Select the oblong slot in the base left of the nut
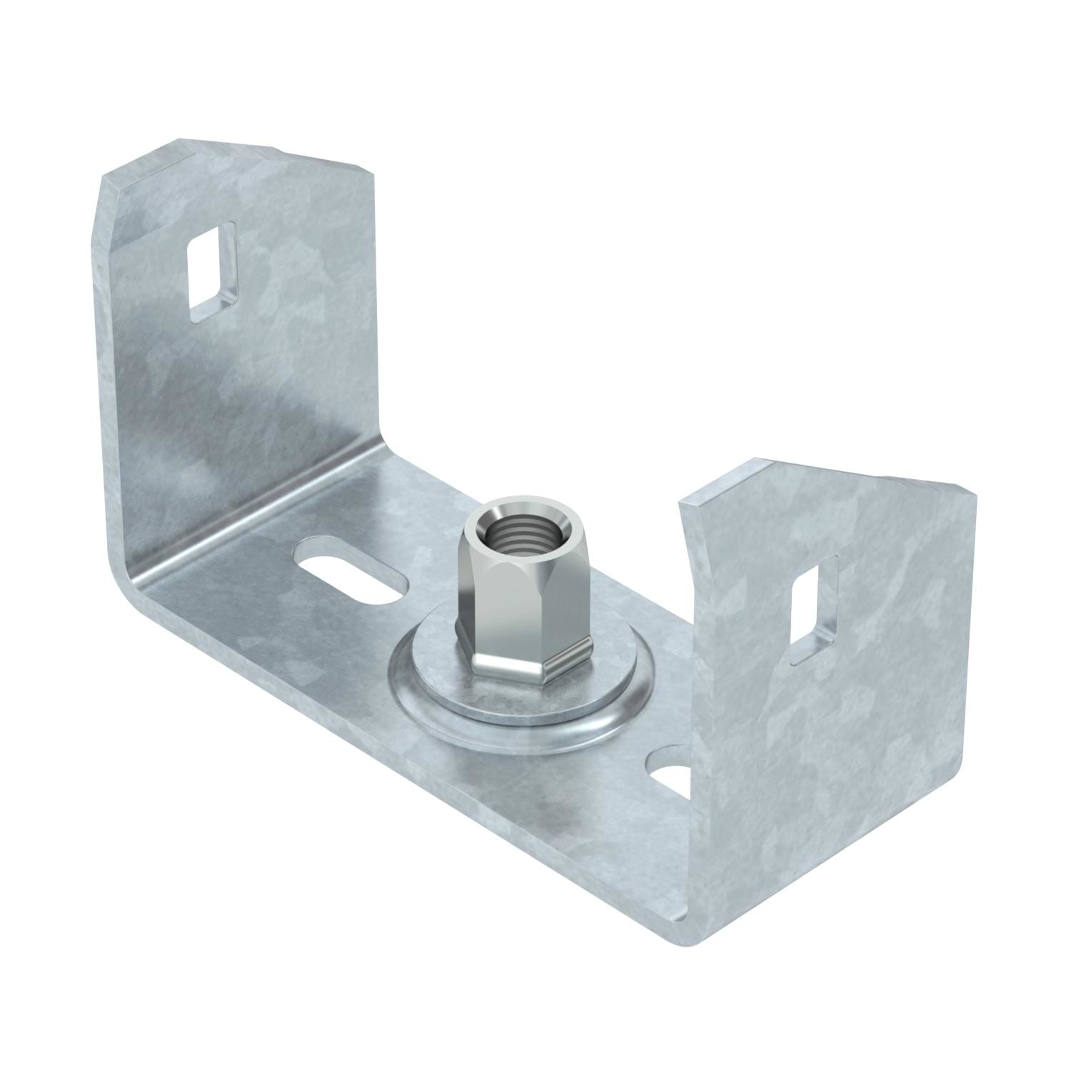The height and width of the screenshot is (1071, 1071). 349,573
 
